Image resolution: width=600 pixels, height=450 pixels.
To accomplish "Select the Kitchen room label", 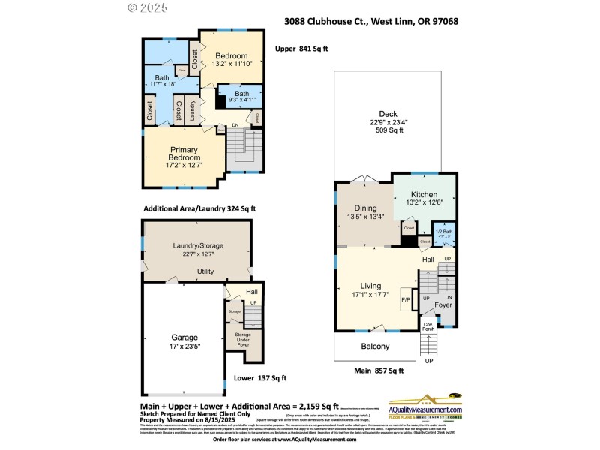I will pyautogui.click(x=424, y=194).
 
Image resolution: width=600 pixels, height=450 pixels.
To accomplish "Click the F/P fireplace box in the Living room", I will pyautogui.click(x=406, y=300).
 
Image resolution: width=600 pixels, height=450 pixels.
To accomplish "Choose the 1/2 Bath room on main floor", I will pyautogui.click(x=445, y=234).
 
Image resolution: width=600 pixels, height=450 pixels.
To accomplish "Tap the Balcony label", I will pyautogui.click(x=375, y=346).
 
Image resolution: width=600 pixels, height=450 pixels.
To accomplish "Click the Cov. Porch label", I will pyautogui.click(x=428, y=326).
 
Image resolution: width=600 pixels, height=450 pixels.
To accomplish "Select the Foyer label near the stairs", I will pyautogui.click(x=443, y=305).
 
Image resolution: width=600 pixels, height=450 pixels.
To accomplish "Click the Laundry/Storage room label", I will pyautogui.click(x=198, y=245).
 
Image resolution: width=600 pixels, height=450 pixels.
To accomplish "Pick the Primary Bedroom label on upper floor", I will pyautogui.click(x=184, y=154).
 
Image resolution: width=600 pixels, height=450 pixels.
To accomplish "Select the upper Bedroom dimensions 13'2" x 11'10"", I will pyautogui.click(x=231, y=64).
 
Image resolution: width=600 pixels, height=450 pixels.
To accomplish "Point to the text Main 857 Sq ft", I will pyautogui.click(x=379, y=370).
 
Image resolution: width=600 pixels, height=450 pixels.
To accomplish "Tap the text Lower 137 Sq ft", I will pyautogui.click(x=260, y=378).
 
